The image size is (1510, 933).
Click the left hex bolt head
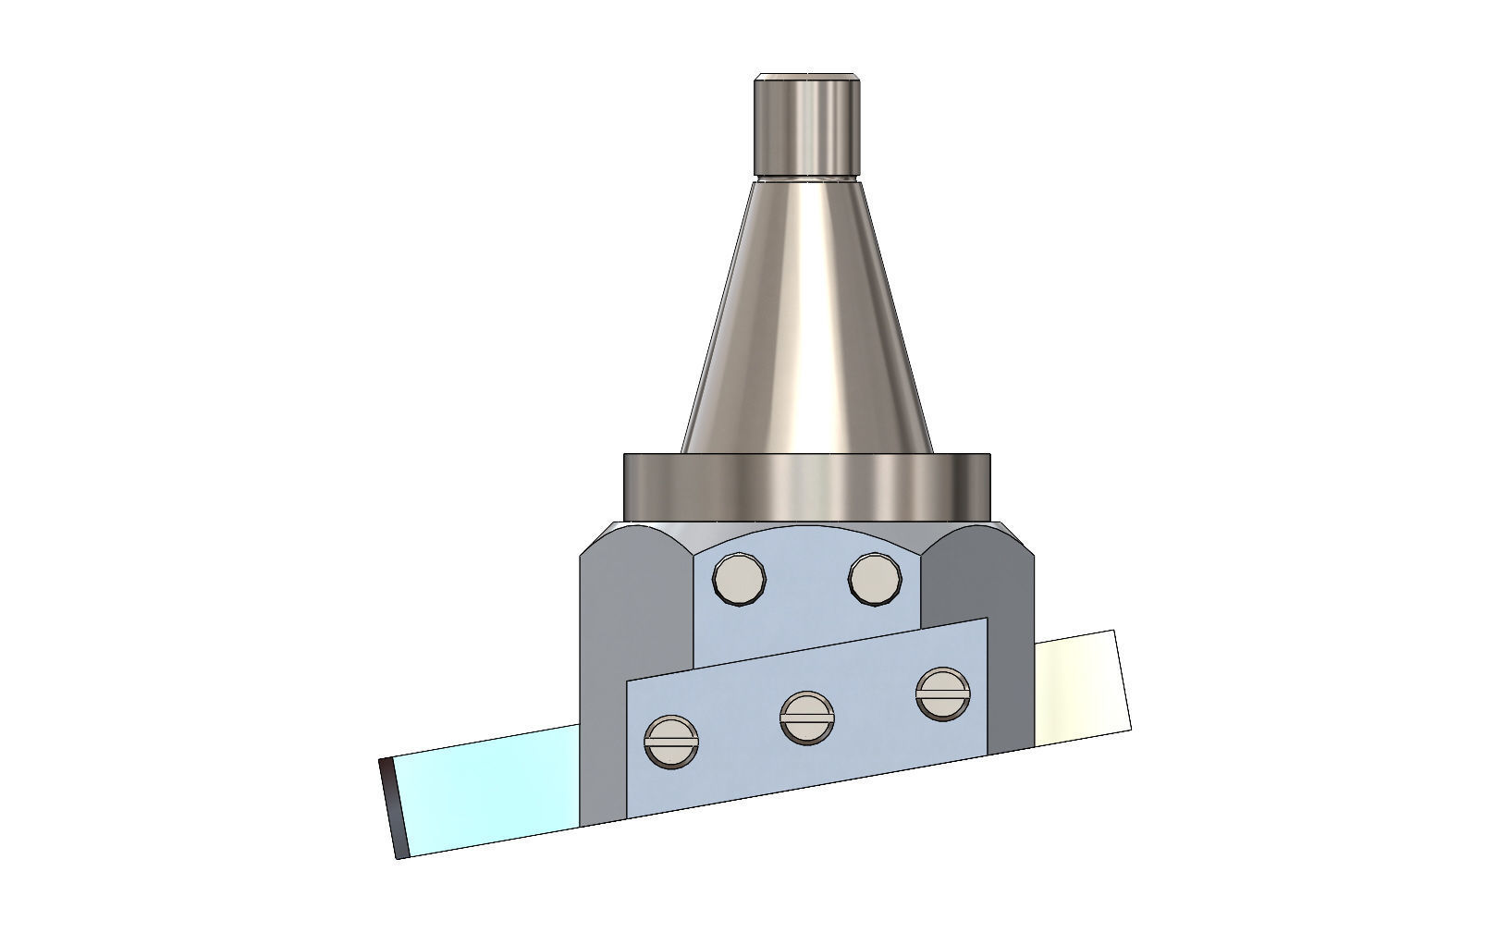coord(740,580)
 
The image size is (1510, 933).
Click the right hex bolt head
coord(875,579)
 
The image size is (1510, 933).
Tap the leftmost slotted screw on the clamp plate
coord(671,742)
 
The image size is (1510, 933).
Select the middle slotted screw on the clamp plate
coord(807,717)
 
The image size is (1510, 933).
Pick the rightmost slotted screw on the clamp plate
coord(943,694)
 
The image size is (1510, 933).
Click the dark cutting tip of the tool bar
coord(393,807)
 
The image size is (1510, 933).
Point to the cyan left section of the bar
coord(490,791)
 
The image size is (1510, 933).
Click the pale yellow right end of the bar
coord(1082,684)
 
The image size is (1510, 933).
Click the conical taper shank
coord(806,324)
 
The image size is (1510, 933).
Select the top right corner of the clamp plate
coord(986,620)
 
